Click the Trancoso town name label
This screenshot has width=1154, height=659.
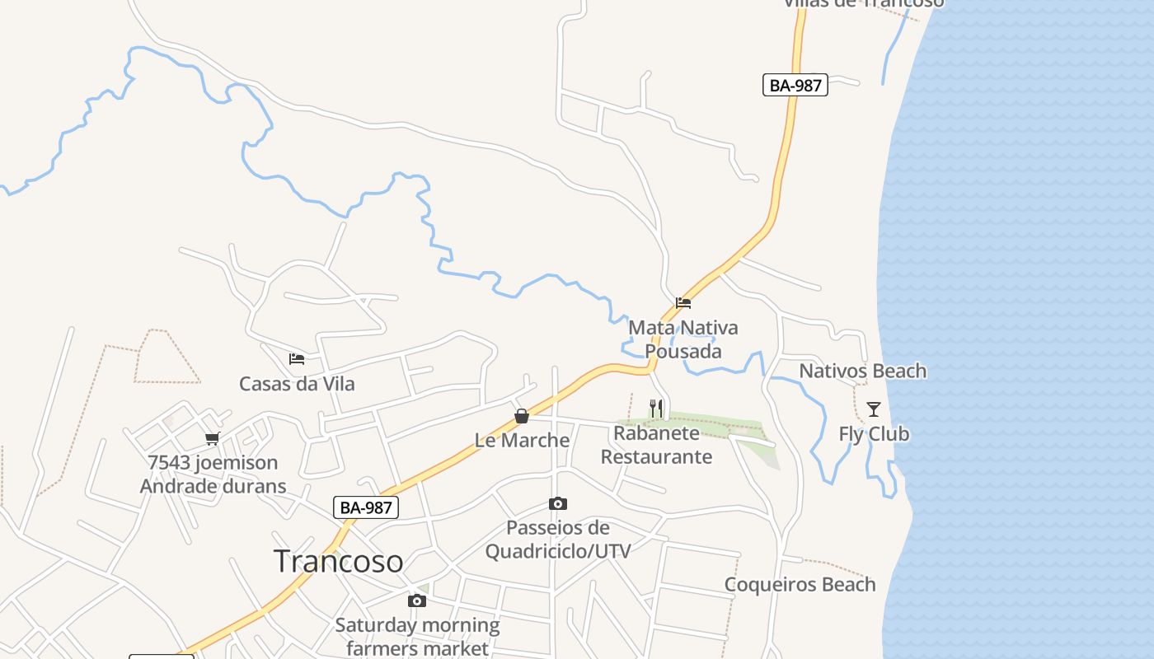coord(338,561)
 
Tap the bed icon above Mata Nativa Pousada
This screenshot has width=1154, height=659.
coord(683,303)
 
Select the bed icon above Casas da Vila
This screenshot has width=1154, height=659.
coord(297,359)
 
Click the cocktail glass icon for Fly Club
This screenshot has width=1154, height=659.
coord(874,409)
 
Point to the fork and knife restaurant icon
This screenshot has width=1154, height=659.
coord(656,408)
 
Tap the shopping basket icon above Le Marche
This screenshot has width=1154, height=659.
coord(522,416)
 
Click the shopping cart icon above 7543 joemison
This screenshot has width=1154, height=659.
coord(213,438)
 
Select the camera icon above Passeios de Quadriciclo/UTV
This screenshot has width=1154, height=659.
coord(558,503)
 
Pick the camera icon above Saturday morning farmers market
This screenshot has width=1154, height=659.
coord(417,601)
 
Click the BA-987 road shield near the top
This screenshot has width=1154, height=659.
coord(795,85)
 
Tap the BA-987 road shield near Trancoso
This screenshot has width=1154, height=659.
coord(366,507)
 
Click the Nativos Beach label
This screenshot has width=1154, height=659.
coord(862,372)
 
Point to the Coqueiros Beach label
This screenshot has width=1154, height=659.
coord(800,585)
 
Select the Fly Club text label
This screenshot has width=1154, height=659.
coord(874,434)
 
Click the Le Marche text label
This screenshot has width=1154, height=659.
coord(522,441)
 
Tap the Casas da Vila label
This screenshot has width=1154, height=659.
coord(297,384)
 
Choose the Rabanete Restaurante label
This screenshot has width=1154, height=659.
coord(656,445)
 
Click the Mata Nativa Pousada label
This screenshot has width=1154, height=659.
coord(683,339)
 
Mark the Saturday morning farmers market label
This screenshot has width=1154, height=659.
coord(417,637)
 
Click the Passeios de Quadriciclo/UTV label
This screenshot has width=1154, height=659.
coord(558,540)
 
